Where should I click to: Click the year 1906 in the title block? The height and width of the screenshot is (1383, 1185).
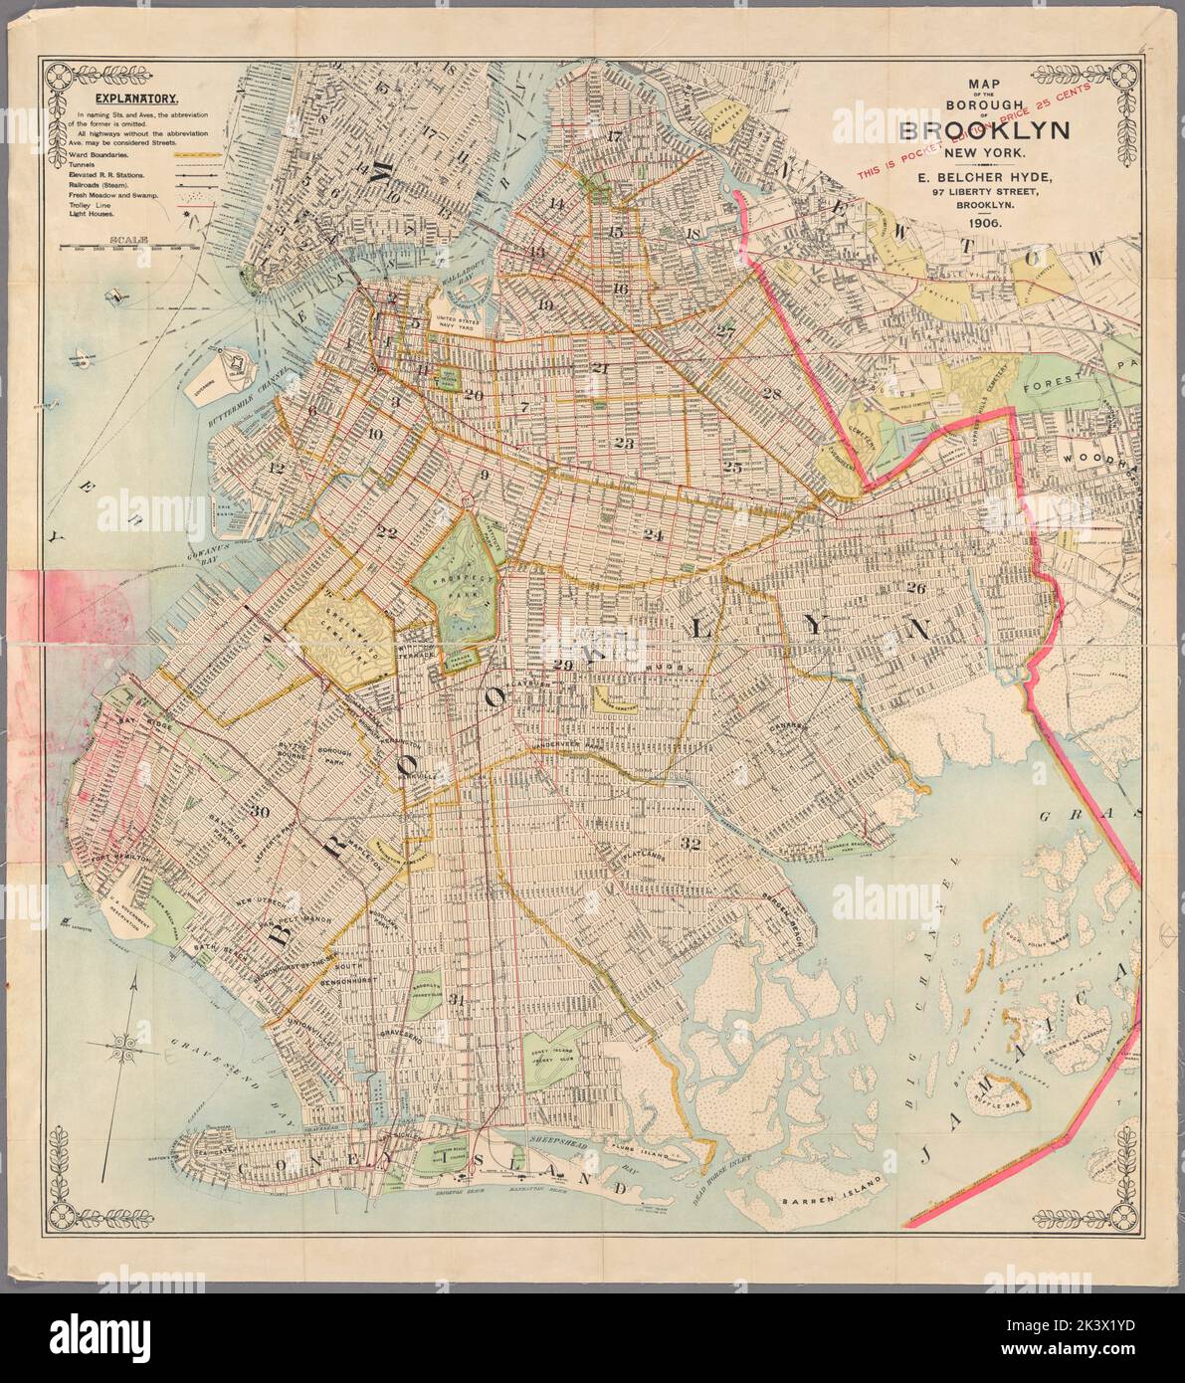(x=983, y=224)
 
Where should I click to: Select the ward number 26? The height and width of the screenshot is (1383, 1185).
(x=916, y=587)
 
